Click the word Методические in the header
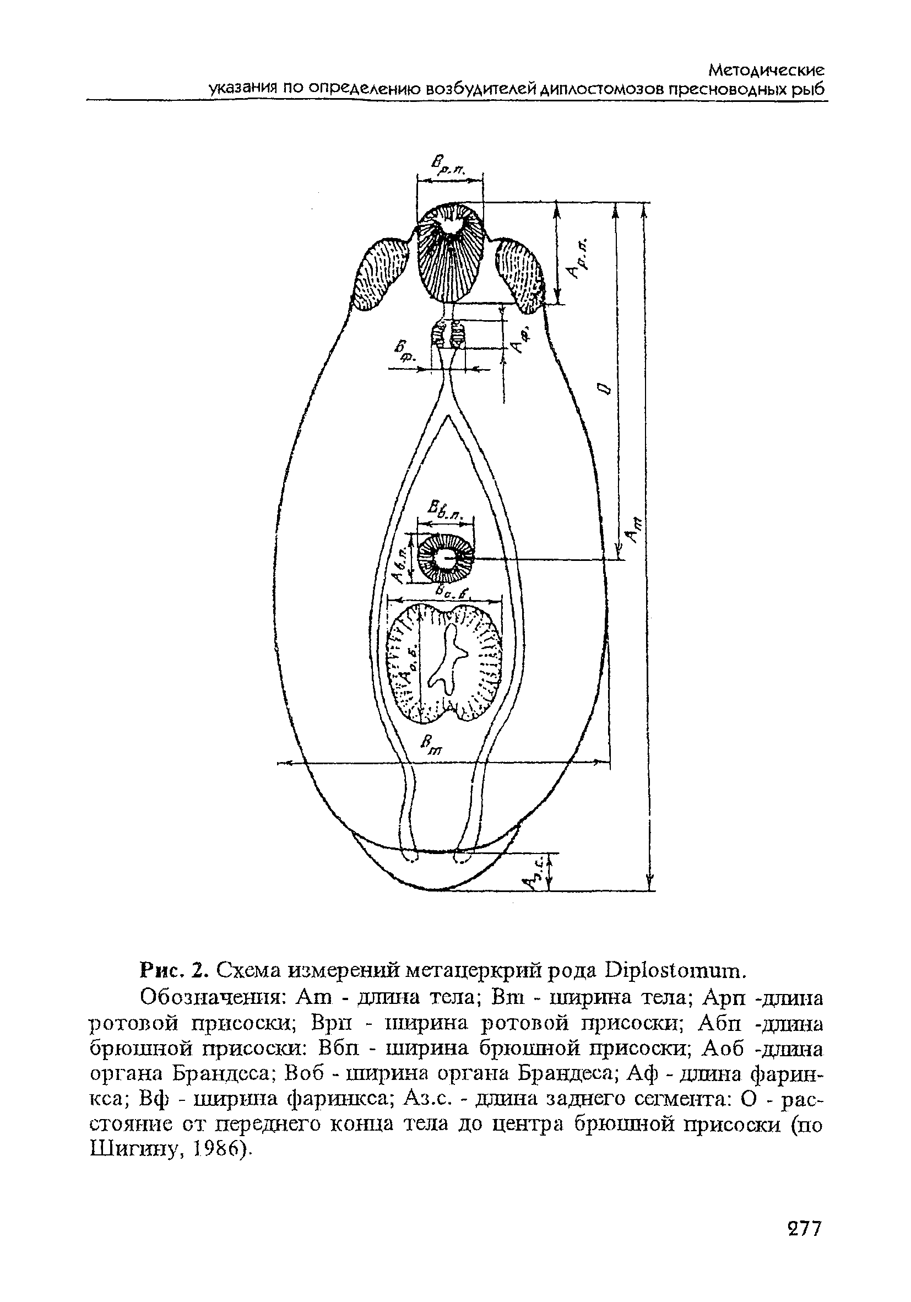tap(767, 71)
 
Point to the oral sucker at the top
tap(450, 253)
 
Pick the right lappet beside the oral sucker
tap(519, 273)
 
